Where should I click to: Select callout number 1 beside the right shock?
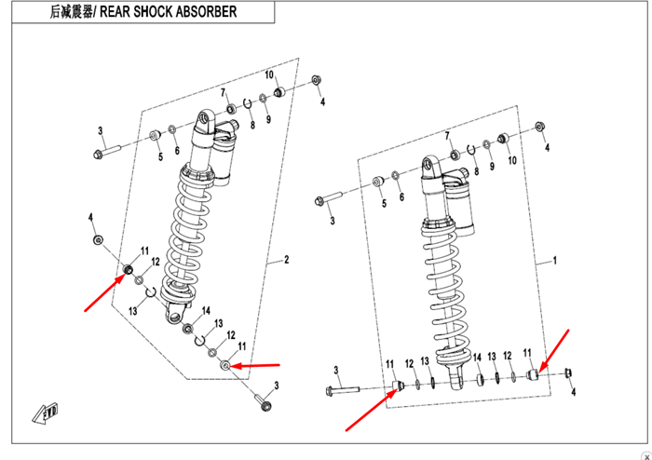point(555,263)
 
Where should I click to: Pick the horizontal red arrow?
point(253,365)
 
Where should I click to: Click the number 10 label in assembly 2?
point(269,75)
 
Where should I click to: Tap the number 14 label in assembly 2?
point(207,311)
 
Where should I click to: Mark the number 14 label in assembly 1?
point(476,357)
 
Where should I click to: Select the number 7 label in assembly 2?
point(224,92)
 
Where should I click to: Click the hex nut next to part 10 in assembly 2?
point(315,82)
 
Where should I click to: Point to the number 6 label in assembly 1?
point(401,197)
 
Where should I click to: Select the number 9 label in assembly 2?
point(267,119)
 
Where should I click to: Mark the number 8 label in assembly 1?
point(476,171)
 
